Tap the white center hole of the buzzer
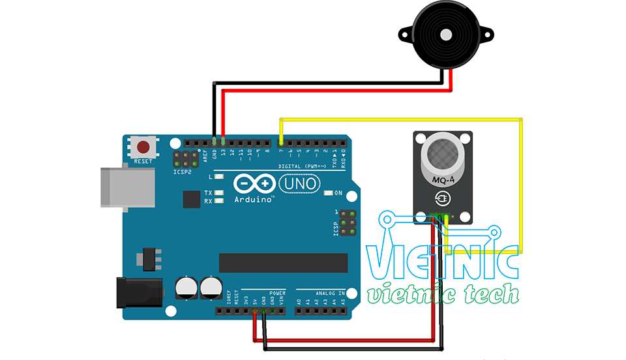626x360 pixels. (447, 34)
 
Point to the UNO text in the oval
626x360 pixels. (301, 184)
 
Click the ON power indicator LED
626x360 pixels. (328, 194)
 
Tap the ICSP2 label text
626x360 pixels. (183, 172)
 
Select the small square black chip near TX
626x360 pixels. (192, 199)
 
